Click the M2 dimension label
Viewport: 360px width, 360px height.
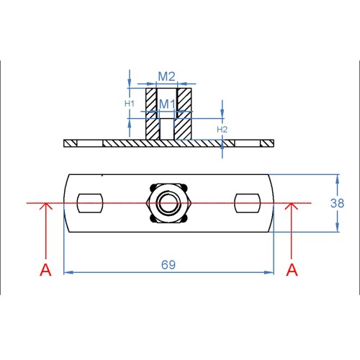click(x=167, y=76)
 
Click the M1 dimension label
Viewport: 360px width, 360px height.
click(x=167, y=104)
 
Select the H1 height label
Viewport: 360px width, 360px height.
click(x=130, y=104)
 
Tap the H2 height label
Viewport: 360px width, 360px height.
click(x=222, y=130)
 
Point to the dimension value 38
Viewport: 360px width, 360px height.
click(x=337, y=203)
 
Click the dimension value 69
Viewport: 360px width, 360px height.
click(x=168, y=265)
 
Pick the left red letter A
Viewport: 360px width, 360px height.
click(x=45, y=270)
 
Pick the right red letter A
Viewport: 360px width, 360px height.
click(x=292, y=270)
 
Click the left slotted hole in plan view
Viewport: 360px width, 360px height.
click(x=90, y=203)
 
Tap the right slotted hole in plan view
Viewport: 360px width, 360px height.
click(x=248, y=203)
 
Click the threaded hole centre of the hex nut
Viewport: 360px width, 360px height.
click(x=168, y=203)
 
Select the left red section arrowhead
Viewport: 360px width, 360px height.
click(x=45, y=206)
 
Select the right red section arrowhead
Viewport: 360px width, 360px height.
click(x=292, y=206)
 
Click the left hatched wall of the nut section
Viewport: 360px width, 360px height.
click(x=152, y=114)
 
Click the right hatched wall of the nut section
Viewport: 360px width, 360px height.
click(x=184, y=114)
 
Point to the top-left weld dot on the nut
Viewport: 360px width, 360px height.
click(x=153, y=187)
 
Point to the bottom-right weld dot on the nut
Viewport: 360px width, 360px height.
click(x=185, y=219)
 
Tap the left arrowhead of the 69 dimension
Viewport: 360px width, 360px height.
click(x=68, y=272)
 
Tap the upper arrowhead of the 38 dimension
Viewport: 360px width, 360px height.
click(x=338, y=179)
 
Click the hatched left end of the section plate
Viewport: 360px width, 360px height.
click(x=70, y=143)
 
